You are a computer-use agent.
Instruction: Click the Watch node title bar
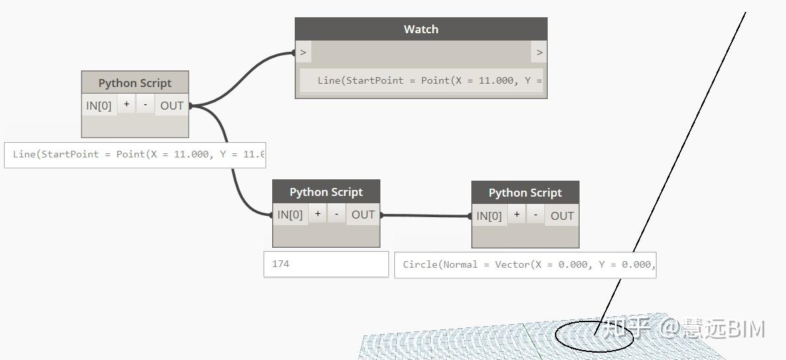(x=421, y=29)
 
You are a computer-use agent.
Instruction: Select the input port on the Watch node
(x=303, y=52)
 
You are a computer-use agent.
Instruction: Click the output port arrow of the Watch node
(x=539, y=52)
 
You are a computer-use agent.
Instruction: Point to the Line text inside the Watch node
(x=429, y=80)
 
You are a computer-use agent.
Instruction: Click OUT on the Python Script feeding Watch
(x=172, y=106)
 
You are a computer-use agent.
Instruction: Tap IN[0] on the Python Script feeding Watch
(x=99, y=106)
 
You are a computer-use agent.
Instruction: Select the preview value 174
(x=281, y=264)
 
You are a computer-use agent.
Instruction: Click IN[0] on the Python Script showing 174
(x=290, y=215)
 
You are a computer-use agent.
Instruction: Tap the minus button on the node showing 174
(x=337, y=214)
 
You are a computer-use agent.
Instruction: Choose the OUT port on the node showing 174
(x=363, y=215)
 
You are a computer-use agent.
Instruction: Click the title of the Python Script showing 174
(x=326, y=192)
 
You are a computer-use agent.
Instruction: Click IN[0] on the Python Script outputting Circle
(x=489, y=216)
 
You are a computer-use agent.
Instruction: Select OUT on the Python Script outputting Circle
(x=562, y=216)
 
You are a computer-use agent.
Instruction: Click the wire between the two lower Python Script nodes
(x=425, y=215)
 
